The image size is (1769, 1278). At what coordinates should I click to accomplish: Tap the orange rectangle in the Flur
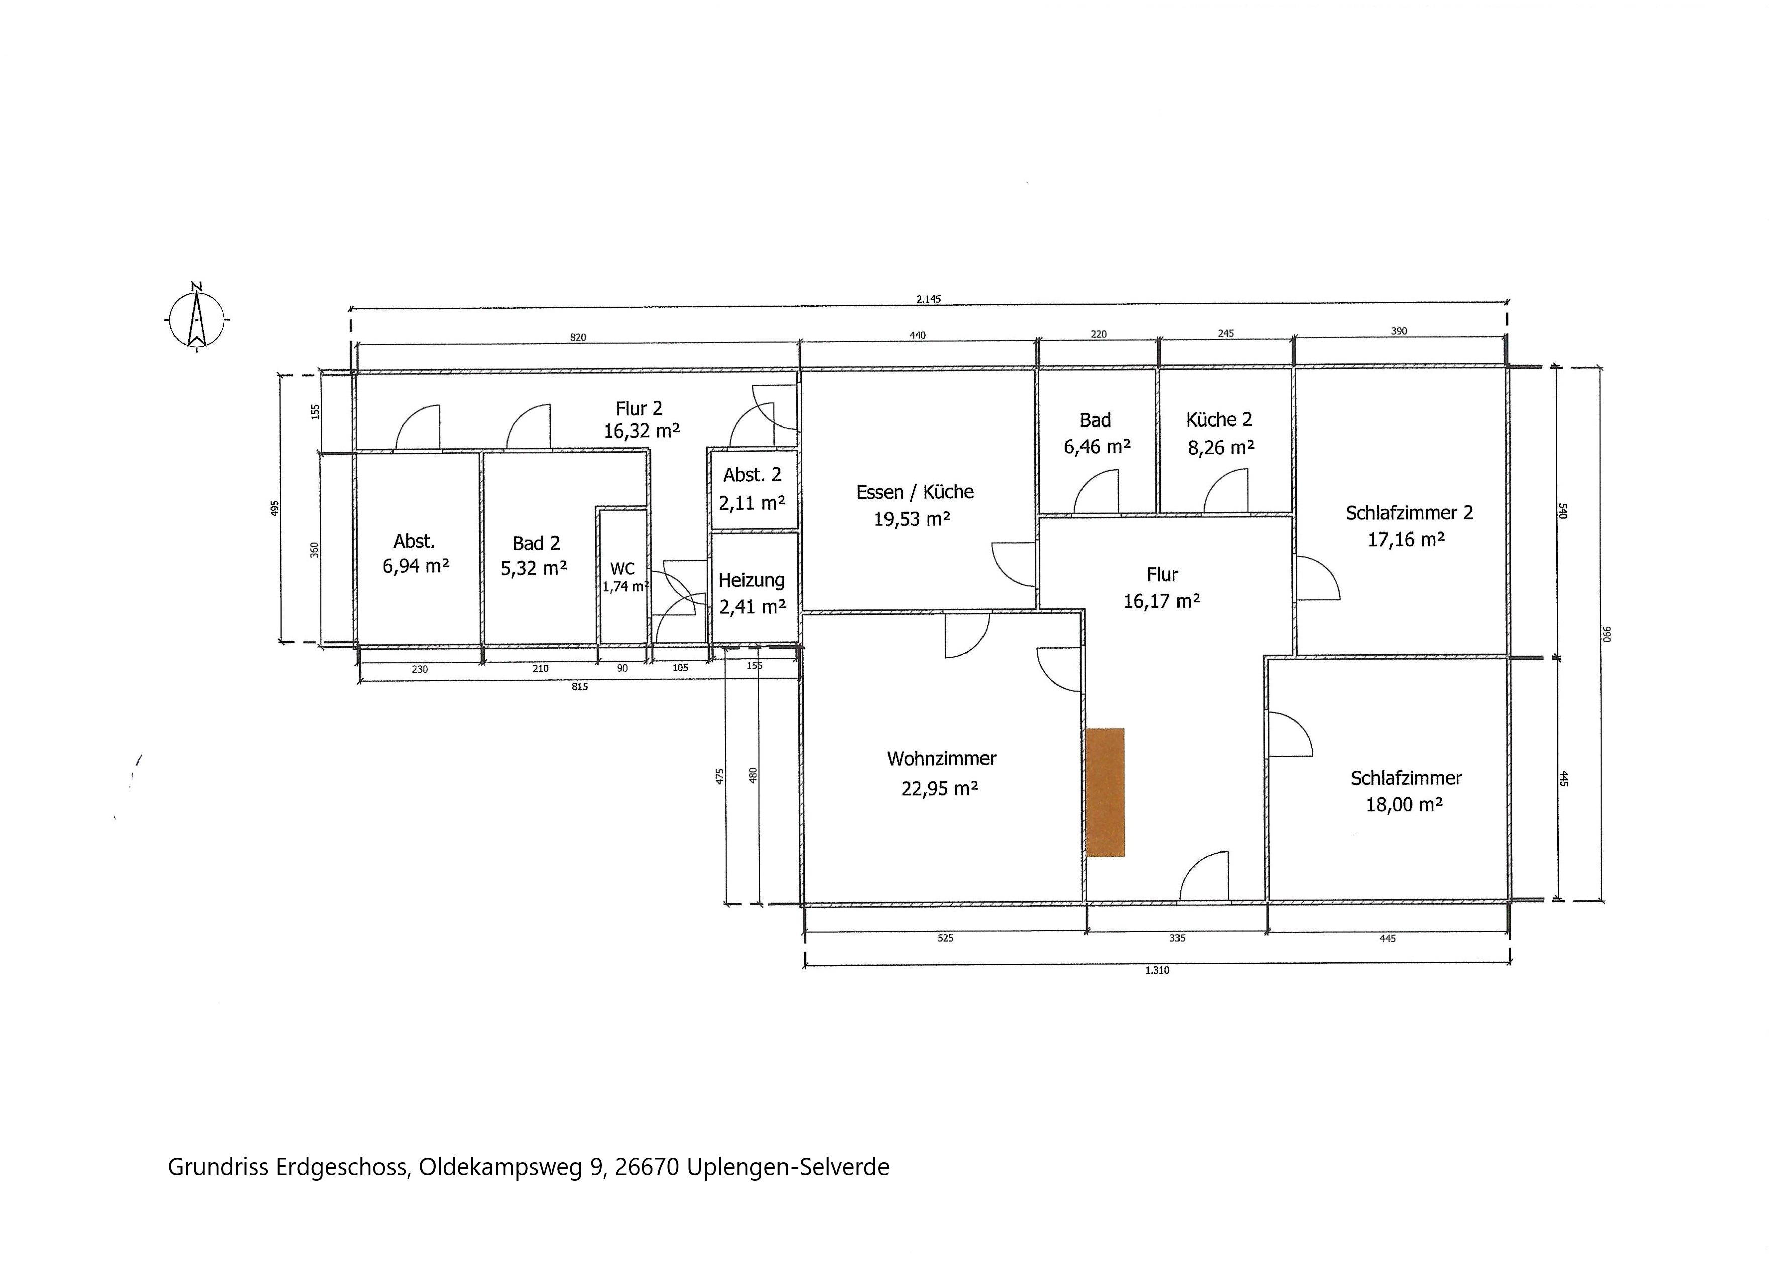tap(1105, 792)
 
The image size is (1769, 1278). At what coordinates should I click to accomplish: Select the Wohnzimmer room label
tap(941, 758)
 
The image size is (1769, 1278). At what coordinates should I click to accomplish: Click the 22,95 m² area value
tap(940, 788)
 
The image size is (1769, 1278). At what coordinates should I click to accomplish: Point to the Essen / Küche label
tap(915, 492)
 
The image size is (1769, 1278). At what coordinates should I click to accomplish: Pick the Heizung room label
tap(751, 580)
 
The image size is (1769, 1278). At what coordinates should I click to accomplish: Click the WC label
tap(623, 569)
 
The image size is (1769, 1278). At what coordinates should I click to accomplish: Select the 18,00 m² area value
tap(1404, 804)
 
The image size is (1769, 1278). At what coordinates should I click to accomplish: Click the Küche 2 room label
tap(1219, 419)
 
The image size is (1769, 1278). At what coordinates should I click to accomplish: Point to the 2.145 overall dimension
tap(928, 298)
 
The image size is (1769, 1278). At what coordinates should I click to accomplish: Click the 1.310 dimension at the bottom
tap(1157, 970)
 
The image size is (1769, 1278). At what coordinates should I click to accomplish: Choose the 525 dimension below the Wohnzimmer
tap(945, 938)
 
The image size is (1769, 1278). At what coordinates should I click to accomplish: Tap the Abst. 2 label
tap(752, 475)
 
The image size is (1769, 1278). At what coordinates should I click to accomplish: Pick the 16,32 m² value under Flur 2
tap(641, 431)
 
